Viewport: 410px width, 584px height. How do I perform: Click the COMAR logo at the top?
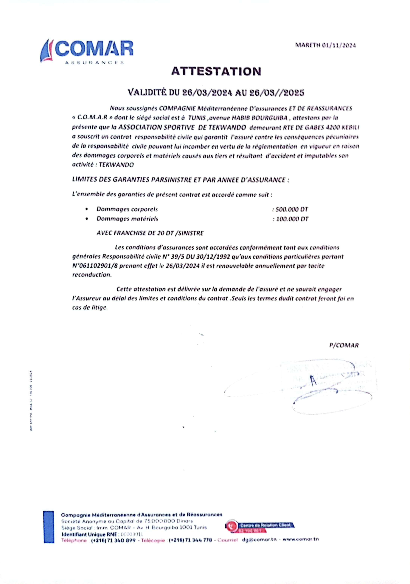[86, 52]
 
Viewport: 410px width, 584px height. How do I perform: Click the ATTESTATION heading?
[216, 71]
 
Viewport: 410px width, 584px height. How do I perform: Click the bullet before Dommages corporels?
[87, 209]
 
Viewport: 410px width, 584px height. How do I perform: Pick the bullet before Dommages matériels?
[87, 219]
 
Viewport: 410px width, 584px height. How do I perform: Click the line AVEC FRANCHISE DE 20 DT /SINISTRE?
[150, 233]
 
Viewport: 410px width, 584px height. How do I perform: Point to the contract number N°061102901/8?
[95, 266]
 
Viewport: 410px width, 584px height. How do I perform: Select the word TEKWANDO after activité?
[116, 165]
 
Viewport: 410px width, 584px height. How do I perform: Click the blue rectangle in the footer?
[49, 527]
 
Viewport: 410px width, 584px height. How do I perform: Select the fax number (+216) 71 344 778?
[190, 540]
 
